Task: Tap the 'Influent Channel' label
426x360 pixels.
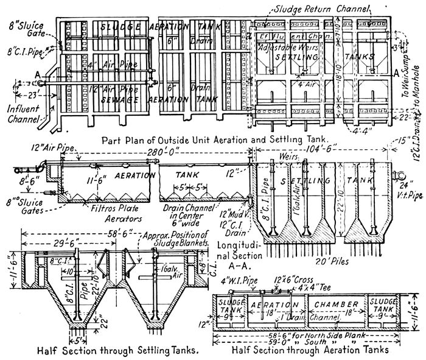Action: coord(22,115)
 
